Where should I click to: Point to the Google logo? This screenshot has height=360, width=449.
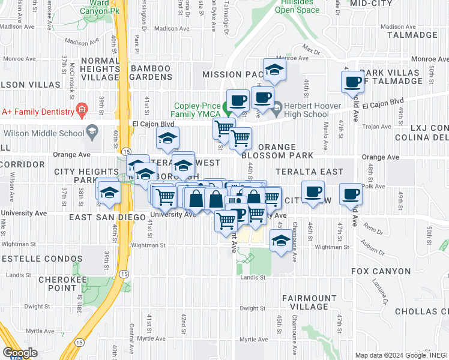click(19, 353)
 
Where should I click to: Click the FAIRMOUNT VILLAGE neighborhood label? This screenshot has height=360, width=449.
click(309, 302)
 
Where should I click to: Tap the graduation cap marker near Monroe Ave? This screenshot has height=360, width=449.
click(274, 70)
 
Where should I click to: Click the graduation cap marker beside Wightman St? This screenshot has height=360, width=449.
click(280, 241)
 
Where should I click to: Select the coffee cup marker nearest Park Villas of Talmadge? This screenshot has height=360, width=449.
click(353, 82)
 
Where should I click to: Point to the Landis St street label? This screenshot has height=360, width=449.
click(254, 277)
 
